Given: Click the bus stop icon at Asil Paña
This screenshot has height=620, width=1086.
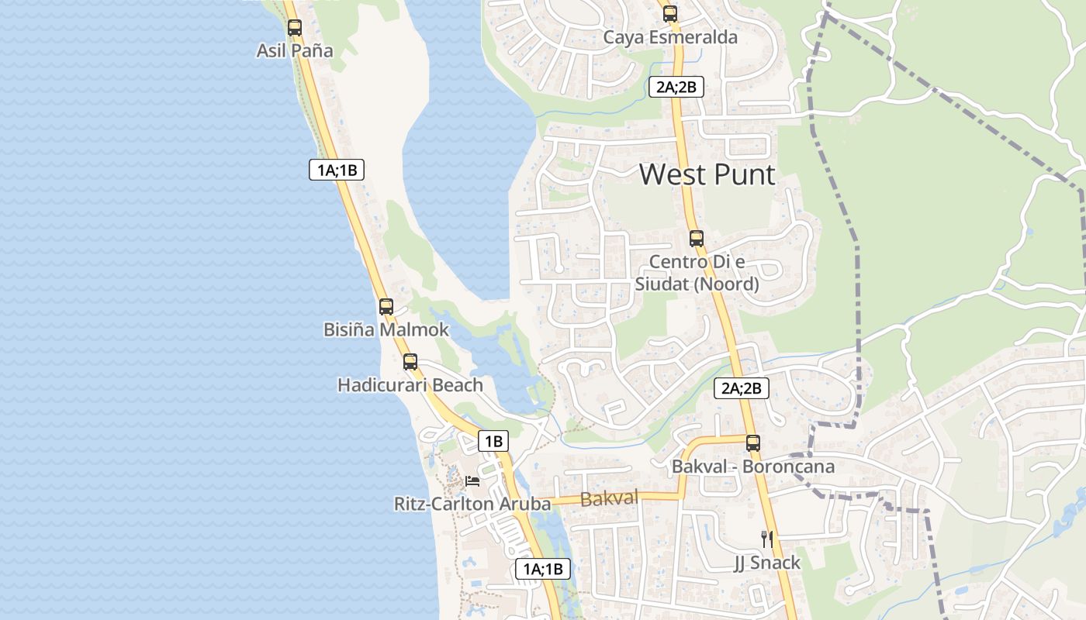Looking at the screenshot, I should [294, 28].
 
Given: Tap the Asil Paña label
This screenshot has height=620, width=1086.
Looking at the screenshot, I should [295, 51].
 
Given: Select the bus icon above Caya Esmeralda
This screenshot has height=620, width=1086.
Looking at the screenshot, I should [670, 14].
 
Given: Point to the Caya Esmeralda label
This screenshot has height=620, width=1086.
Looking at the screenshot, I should [670, 37].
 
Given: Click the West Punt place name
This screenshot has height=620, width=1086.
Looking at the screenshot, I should [707, 175].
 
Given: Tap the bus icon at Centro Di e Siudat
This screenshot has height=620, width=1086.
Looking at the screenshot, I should [697, 238].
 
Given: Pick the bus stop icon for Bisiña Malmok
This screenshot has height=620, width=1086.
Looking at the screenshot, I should [386, 306].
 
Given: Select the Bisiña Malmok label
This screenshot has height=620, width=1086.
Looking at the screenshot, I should [386, 329].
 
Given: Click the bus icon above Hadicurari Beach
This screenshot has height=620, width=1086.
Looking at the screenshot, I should [410, 361].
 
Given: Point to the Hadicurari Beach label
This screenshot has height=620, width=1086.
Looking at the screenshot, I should [410, 384].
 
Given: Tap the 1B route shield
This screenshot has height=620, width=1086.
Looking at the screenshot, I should [493, 442].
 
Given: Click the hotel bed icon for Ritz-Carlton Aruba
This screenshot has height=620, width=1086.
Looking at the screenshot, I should [472, 480].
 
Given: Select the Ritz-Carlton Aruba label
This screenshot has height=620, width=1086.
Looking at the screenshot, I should [472, 504].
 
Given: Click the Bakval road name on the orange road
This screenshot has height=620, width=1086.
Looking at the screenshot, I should [609, 498].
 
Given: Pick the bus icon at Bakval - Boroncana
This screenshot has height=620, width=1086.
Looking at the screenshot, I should [753, 443].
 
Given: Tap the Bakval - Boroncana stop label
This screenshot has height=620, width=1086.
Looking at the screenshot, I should [752, 467].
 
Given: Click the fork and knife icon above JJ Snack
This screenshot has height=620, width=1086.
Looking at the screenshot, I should [766, 539].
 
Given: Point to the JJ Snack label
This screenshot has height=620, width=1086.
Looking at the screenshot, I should [766, 563].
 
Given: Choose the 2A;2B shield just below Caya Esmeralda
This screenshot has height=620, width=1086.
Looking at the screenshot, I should [676, 87].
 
